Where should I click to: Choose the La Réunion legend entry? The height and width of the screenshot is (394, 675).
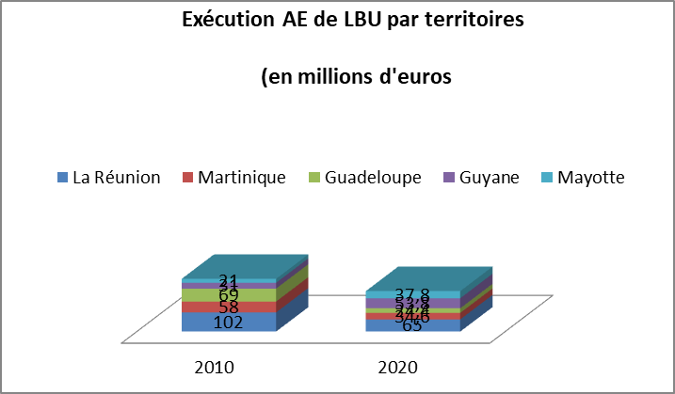pyautogui.click(x=116, y=178)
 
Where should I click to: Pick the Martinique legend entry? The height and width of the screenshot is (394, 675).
pyautogui.click(x=243, y=178)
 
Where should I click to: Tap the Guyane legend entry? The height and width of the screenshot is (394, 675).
pyautogui.click(x=488, y=178)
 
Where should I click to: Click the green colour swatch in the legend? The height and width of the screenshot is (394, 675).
pyautogui.click(x=314, y=178)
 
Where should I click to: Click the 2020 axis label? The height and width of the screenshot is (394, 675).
pyautogui.click(x=399, y=367)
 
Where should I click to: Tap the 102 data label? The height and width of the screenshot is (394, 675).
pyautogui.click(x=229, y=322)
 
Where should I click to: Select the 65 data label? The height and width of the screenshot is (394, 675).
pyautogui.click(x=412, y=325)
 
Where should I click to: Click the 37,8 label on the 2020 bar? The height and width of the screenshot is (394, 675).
pyautogui.click(x=413, y=292)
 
